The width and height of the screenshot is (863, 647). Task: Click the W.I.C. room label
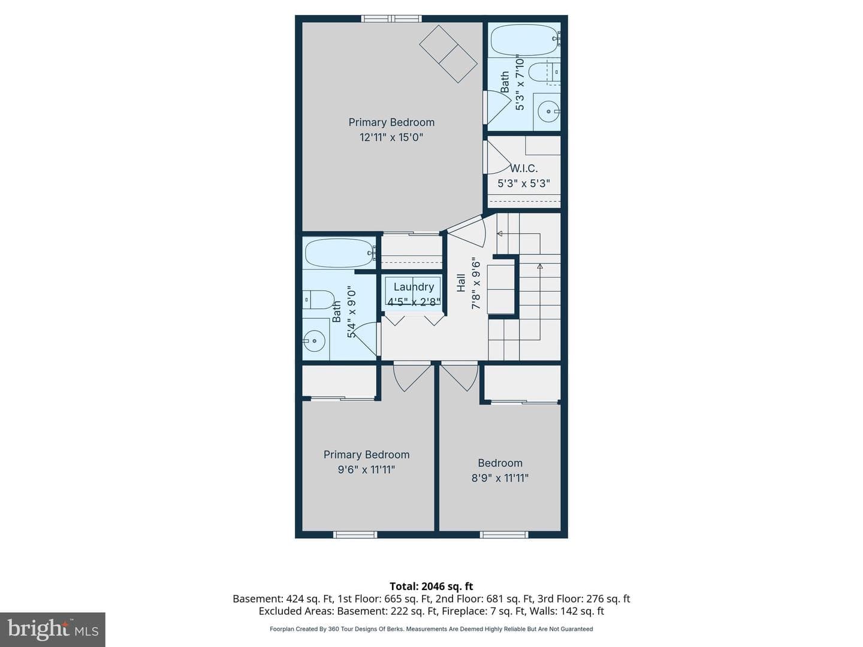524,168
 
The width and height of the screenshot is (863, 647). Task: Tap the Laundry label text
414,287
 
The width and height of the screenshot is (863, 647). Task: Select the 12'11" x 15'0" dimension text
391,138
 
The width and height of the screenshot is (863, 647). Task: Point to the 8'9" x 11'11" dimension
500,478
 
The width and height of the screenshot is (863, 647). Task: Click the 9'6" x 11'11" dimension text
366,470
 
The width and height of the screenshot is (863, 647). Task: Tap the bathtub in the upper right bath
524,40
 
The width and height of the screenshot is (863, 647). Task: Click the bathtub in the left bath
339,253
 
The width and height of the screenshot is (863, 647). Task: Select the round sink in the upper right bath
548,111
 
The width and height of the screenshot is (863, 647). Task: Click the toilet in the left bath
318,300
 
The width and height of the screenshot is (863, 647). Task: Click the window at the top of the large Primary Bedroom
391,19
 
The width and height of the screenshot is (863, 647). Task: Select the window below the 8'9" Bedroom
503,534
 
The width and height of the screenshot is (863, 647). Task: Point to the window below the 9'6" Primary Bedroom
355,534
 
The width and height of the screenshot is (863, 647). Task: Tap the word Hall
461,283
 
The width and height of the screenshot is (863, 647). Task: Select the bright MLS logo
53,629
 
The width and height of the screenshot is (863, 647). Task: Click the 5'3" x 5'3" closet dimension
524,183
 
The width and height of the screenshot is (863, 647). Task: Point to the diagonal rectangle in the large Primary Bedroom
448,54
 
